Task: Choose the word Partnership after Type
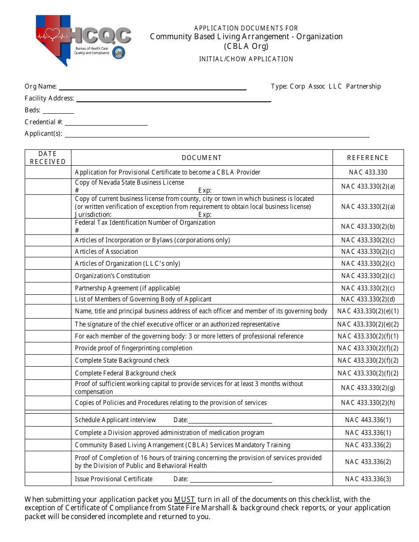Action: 363,86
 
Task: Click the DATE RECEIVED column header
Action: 48,158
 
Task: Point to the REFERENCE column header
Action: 368,158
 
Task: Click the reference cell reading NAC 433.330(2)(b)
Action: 368,226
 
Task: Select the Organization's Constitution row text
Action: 112,276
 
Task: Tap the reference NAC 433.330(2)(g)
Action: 368,388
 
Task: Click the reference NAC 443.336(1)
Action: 368,420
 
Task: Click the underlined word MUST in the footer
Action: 185,499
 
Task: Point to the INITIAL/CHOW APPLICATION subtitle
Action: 246,59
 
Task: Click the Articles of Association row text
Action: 106,252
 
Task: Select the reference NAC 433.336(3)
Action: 368,479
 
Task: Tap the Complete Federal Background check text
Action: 126,373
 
